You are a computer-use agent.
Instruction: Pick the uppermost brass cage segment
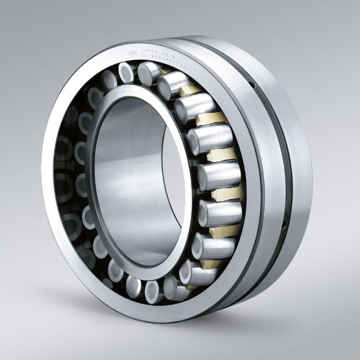coord(189,89)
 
